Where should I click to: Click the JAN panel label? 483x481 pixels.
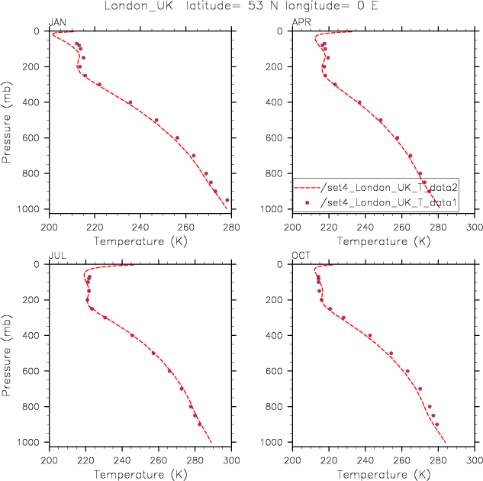tap(57, 22)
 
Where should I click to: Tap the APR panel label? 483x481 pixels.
tap(301, 22)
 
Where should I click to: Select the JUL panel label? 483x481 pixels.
tap(57, 256)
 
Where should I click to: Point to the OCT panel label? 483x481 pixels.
tap(301, 256)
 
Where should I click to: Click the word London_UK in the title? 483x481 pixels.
tap(139, 6)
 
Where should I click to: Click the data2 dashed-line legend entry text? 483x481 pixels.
tap(389, 187)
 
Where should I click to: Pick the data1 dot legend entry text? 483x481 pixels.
tap(388, 202)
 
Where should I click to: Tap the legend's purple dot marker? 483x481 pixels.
tap(307, 202)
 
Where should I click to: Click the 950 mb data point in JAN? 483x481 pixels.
tap(227, 200)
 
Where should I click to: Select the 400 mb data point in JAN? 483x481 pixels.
tap(130, 102)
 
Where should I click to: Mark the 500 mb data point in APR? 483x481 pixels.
tap(381, 120)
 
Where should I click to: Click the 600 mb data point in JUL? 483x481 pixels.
tap(169, 371)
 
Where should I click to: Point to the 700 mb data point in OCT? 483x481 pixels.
tap(420, 389)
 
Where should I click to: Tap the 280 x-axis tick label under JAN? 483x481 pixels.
tap(231, 228)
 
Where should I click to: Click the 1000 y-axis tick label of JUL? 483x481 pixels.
tap(28, 442)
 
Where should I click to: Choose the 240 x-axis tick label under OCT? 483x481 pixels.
tap(365, 460)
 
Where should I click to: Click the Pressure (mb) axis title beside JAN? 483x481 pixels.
tap(6, 122)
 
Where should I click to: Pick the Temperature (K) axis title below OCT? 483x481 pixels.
tap(384, 474)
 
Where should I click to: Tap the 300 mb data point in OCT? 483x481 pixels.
tap(343, 318)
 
